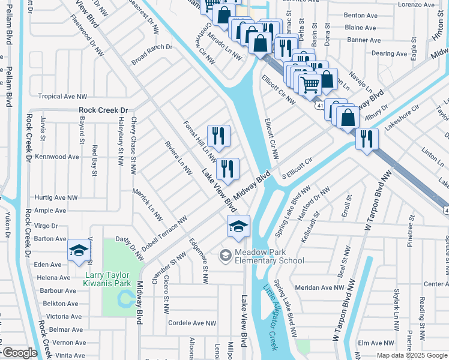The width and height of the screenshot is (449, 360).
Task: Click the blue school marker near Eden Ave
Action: point(79,251)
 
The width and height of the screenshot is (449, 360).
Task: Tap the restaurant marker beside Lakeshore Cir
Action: point(367,139)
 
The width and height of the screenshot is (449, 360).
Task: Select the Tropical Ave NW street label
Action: point(62,96)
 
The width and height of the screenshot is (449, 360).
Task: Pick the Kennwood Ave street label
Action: point(57,157)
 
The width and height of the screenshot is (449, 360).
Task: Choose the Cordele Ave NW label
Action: point(191,323)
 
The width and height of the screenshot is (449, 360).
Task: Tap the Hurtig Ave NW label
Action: point(56,197)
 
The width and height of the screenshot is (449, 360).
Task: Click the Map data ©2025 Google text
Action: point(411,355)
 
